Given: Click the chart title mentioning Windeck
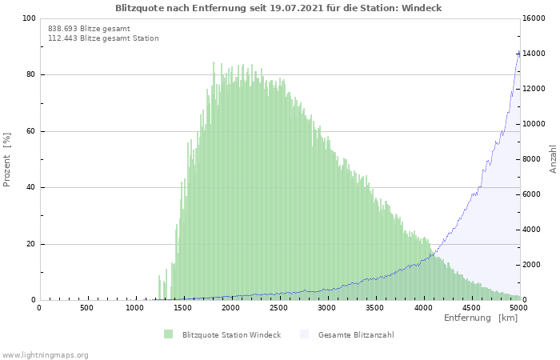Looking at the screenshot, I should point(278,8).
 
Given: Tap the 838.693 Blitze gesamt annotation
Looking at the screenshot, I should point(89,29).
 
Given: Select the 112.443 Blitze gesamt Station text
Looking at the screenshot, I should point(103,38).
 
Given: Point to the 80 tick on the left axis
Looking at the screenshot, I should point(30,75).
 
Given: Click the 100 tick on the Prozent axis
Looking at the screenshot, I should point(29,18).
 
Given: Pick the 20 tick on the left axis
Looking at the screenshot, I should point(30,244).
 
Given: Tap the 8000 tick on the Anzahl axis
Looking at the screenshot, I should point(532,159).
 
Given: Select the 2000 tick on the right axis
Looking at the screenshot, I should point(532,265).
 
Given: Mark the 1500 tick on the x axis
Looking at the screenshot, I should point(182,308).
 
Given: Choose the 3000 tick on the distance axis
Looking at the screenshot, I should point(326,308).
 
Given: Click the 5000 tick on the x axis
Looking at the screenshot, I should point(518,308).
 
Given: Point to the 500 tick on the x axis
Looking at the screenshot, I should point(86,308).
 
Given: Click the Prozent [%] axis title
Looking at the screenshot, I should point(7,159).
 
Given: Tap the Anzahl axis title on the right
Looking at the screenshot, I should point(553,159).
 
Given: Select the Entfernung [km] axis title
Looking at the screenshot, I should point(480,318).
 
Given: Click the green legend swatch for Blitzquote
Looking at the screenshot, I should point(168,334).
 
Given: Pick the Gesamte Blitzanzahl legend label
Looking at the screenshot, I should point(355,334).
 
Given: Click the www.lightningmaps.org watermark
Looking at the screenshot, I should point(45,354).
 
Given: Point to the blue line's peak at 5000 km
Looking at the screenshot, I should point(518,52).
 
